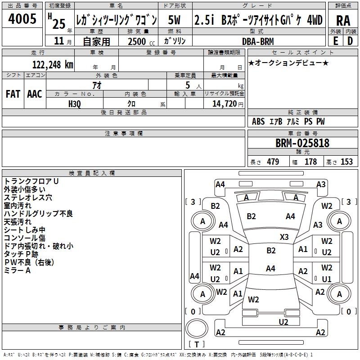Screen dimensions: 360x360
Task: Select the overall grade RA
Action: point(343,21)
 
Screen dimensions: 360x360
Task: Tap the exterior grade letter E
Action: point(336,40)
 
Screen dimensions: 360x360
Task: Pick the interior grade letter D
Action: point(350,40)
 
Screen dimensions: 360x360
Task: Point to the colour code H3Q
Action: point(75,103)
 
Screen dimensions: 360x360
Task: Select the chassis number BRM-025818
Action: point(302,143)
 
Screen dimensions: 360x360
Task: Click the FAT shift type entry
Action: point(13,94)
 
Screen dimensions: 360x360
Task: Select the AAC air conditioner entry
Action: point(35,94)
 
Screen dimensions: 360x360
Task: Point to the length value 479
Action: point(273,162)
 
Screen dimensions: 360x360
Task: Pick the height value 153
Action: point(346,162)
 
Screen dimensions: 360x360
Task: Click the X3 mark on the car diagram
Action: point(284,237)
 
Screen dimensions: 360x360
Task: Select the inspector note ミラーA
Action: point(18,270)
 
